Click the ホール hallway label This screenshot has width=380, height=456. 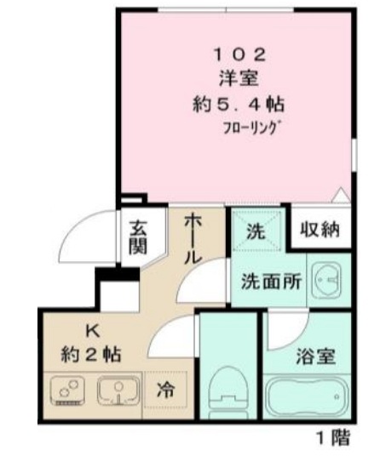(x=193, y=239)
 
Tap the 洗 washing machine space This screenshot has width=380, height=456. (x=256, y=229)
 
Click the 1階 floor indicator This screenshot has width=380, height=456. (x=333, y=439)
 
